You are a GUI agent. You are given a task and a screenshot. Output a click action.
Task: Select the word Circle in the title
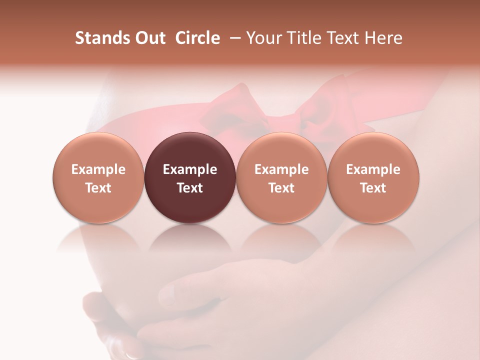(x=197, y=38)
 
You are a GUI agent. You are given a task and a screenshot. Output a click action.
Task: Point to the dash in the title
(x=233, y=38)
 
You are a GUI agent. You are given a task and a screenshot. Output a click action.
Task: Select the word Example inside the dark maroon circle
(x=190, y=169)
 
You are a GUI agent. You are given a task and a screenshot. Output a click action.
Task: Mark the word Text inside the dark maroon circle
(x=190, y=188)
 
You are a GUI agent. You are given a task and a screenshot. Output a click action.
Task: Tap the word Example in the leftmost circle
(x=98, y=169)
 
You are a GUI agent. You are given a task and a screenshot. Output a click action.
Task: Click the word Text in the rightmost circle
(x=373, y=188)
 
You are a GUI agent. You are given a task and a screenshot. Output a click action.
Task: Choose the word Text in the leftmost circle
(x=98, y=188)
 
